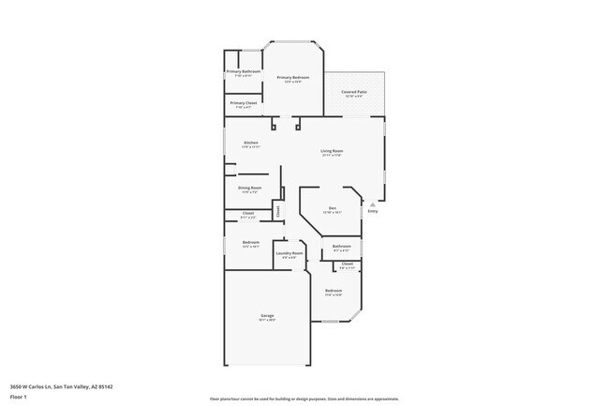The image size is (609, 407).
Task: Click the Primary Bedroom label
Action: coord(293,77)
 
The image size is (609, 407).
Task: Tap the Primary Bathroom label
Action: coord(243,71)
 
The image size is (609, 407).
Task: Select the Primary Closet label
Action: coord(244,102)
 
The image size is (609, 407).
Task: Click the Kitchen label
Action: coord(251,143)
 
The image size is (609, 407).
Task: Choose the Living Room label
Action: coord(332,150)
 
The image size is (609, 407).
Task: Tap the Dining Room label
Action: coord(249,188)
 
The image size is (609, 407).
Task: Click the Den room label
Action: coord(332,207)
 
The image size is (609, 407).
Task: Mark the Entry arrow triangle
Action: coord(373,203)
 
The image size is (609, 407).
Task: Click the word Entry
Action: coord(373,211)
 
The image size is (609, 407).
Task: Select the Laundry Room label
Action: coord(289,253)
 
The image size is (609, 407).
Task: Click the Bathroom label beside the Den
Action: coord(341,247)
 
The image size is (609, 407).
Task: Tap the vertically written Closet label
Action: coord(277,211)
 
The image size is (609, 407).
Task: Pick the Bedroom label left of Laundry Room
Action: coord(250,242)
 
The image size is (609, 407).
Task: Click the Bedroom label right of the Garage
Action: coord(334,291)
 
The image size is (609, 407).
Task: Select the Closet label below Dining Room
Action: coord(248,213)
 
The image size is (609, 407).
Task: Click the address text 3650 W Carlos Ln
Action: coord(57,384)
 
